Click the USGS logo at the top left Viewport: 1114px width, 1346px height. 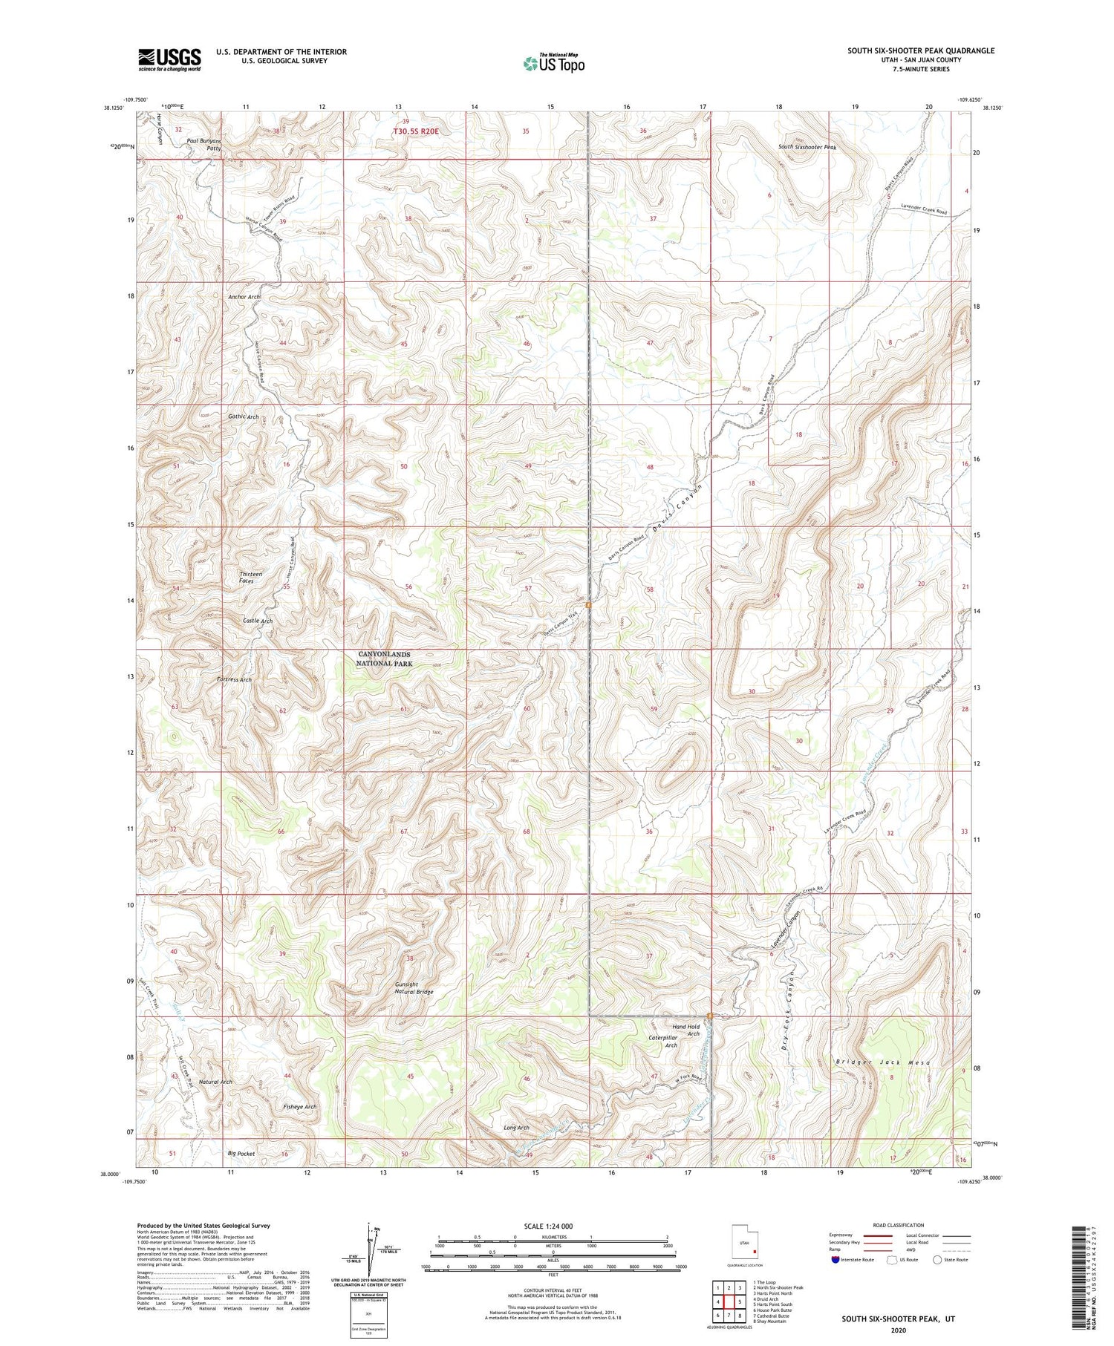tap(169, 59)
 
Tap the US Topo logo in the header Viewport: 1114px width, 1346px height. tap(554, 64)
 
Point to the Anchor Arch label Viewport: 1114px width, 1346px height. tap(244, 297)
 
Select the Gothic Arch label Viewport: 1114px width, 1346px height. tap(244, 417)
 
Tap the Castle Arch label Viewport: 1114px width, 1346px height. tap(258, 621)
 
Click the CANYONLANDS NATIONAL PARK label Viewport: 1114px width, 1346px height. tap(385, 659)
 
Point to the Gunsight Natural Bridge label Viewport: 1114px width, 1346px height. tap(414, 987)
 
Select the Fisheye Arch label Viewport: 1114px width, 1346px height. tap(300, 1107)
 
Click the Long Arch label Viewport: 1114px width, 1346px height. tap(516, 1128)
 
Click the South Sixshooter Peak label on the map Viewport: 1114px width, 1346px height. tap(807, 148)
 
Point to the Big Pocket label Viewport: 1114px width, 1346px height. tap(241, 1154)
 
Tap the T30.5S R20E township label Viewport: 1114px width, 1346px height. tap(416, 131)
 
